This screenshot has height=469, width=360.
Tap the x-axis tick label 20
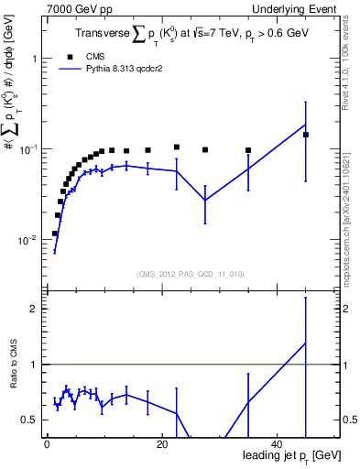click(162, 444)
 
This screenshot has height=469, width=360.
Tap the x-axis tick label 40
click(278, 444)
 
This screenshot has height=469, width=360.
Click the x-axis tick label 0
click(47, 444)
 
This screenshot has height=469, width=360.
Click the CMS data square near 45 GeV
click(306, 135)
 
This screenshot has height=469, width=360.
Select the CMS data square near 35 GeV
click(248, 150)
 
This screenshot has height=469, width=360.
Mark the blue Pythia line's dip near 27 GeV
click(205, 200)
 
